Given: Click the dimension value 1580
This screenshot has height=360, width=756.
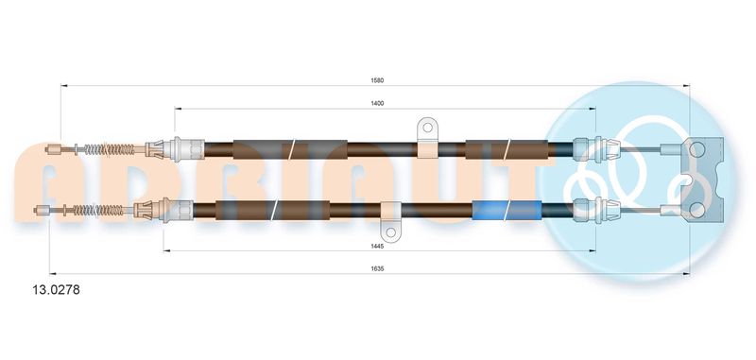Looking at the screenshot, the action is click(x=377, y=80).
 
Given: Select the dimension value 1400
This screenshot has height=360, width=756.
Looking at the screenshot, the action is click(x=378, y=104).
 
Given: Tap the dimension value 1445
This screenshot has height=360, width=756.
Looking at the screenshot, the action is click(x=378, y=246).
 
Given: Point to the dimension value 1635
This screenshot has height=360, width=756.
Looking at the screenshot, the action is click(x=378, y=268).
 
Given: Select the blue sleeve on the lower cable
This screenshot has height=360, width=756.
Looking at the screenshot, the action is click(x=507, y=210).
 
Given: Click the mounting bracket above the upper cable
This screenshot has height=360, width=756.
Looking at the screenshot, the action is click(x=427, y=137).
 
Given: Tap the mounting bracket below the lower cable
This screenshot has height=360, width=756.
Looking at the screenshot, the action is click(x=390, y=222).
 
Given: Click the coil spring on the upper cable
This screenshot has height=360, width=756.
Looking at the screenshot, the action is click(x=110, y=149).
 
